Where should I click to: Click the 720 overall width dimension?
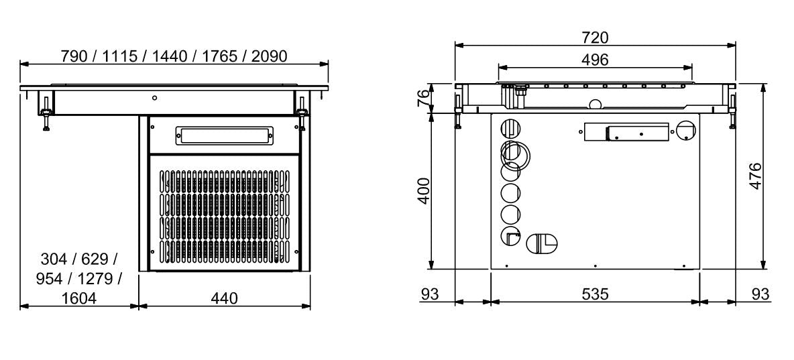(595, 38)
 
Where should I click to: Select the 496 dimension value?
(595, 60)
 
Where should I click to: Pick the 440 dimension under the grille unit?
(224, 298)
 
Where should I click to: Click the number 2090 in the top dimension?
(270, 56)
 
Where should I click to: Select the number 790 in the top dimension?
(74, 56)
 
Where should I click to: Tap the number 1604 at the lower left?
(78, 298)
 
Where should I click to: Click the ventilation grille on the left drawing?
(225, 215)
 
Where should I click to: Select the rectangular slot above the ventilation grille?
(225, 135)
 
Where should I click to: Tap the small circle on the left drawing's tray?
(155, 98)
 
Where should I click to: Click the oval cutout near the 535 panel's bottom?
(541, 243)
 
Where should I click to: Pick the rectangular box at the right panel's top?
(626, 132)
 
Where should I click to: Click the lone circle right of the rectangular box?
(686, 130)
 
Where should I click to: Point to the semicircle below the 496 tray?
(594, 104)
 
